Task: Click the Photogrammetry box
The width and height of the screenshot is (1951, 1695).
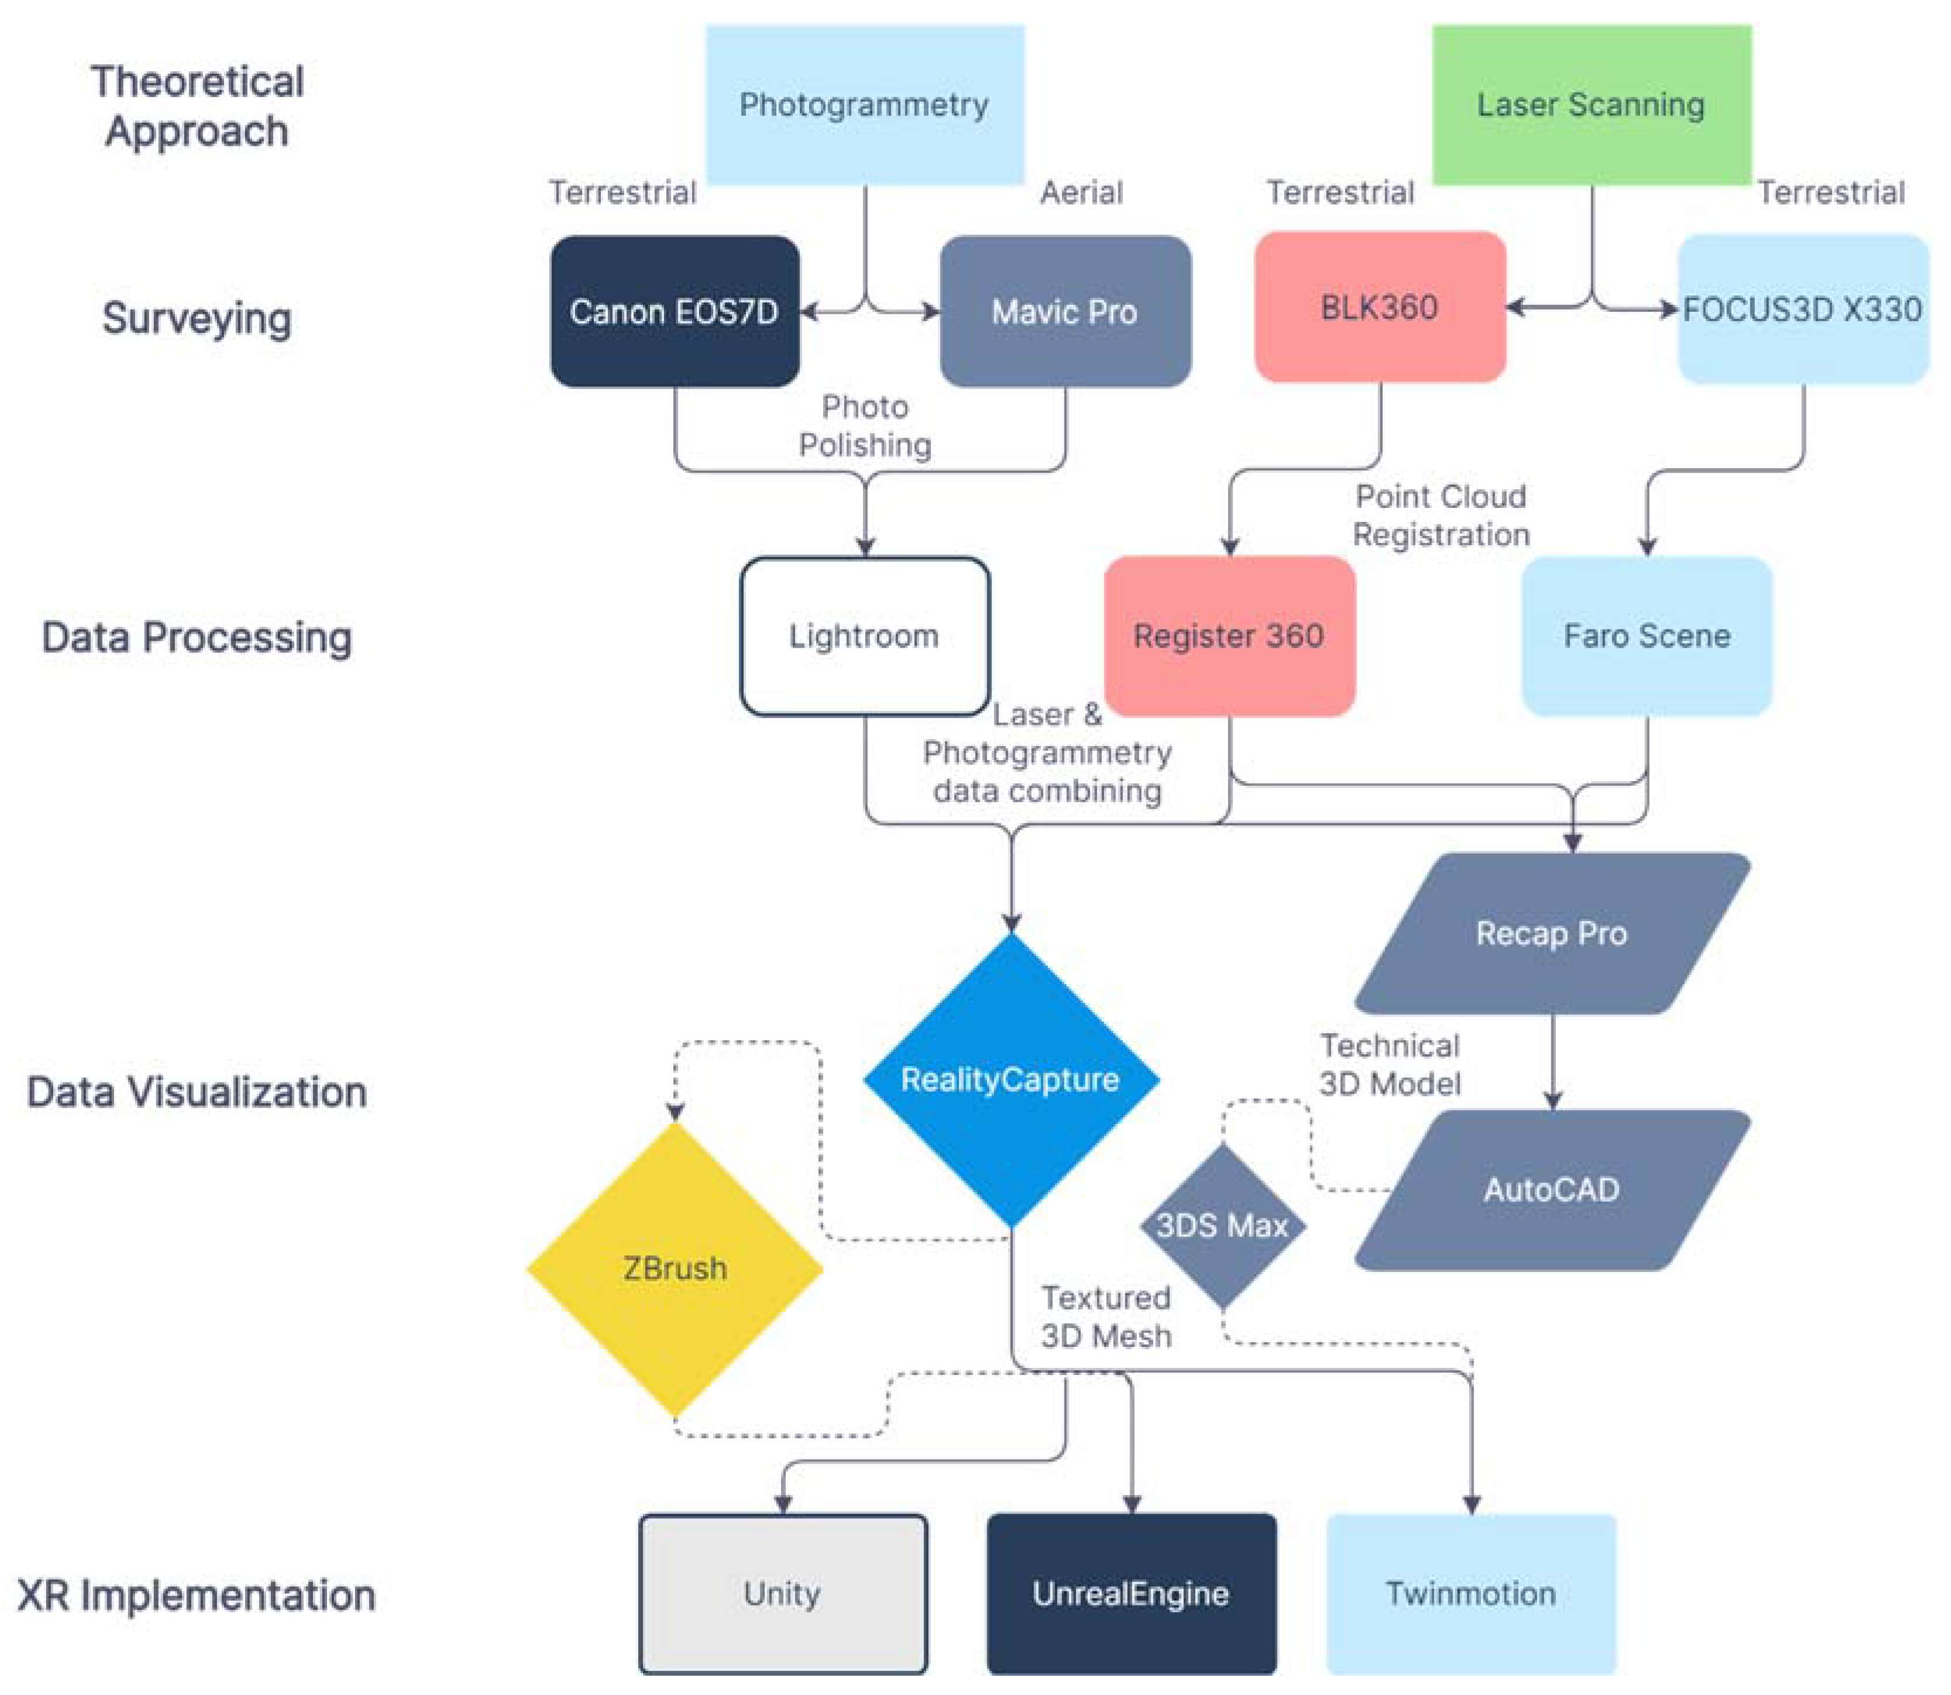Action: [x=865, y=104]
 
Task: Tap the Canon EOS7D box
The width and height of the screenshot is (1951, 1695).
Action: [x=675, y=311]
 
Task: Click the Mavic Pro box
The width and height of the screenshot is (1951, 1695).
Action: [x=1065, y=311]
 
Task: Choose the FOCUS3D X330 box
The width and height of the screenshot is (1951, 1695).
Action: [x=1802, y=310]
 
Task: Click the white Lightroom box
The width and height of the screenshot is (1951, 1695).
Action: [x=865, y=635]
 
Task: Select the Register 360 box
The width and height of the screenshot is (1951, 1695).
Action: [x=1229, y=635]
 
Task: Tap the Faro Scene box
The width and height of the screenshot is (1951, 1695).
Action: [x=1646, y=635]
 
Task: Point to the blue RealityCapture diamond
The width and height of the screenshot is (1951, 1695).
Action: [x=1010, y=1079]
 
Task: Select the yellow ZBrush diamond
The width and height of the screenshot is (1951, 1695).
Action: [x=675, y=1268]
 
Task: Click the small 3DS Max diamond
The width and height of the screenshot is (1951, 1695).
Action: [x=1222, y=1226]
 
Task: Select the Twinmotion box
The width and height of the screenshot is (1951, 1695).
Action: [x=1471, y=1594]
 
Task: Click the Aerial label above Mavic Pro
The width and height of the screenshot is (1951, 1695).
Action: [x=1081, y=193]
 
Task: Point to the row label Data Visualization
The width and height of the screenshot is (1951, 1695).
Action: [x=197, y=1092]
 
